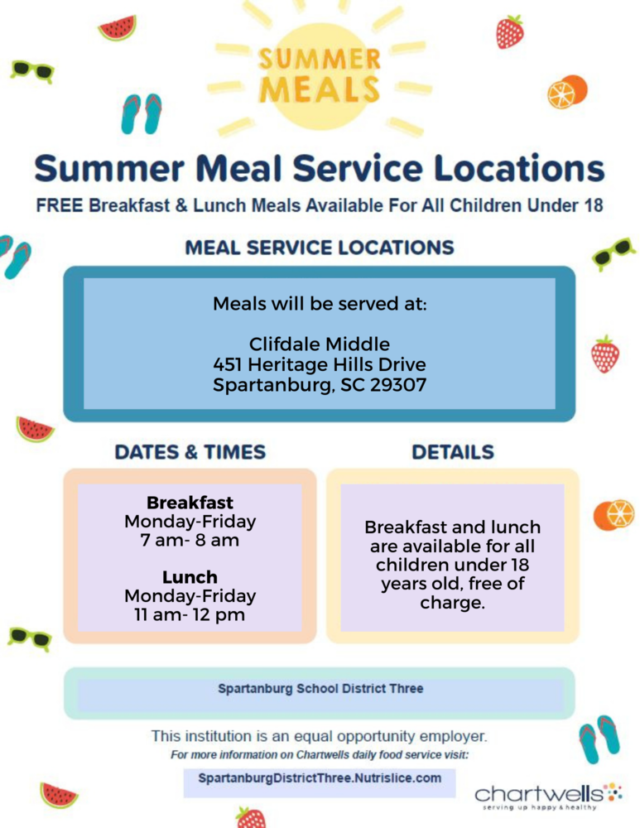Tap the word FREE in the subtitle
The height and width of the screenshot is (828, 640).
[59, 205]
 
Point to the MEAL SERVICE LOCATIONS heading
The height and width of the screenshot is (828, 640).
[320, 247]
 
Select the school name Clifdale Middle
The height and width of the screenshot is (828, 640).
[320, 344]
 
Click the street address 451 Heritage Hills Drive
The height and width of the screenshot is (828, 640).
[320, 364]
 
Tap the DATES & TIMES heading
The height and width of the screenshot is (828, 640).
[190, 452]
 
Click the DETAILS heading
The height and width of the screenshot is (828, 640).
[453, 452]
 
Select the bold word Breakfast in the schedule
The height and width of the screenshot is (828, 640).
[190, 503]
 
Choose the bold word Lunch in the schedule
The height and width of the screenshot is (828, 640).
[190, 577]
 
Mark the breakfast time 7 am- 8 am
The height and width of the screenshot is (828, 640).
[190, 541]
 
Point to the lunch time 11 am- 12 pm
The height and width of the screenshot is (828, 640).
[190, 615]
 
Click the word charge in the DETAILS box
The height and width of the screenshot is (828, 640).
[450, 603]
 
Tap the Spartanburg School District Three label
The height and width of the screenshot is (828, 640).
[320, 689]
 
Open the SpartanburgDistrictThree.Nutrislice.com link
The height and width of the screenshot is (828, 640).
[320, 778]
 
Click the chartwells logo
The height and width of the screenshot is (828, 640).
[547, 796]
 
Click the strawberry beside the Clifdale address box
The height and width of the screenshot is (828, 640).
[605, 354]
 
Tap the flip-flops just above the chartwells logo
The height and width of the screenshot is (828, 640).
[599, 739]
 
